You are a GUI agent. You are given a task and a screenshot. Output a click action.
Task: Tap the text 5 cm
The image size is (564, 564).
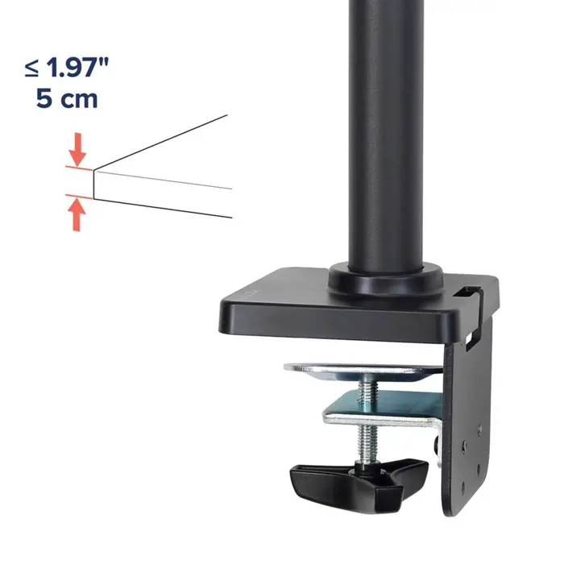[x=67, y=101]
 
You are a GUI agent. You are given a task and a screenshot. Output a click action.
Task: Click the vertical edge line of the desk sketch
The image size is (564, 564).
[x=93, y=183]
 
